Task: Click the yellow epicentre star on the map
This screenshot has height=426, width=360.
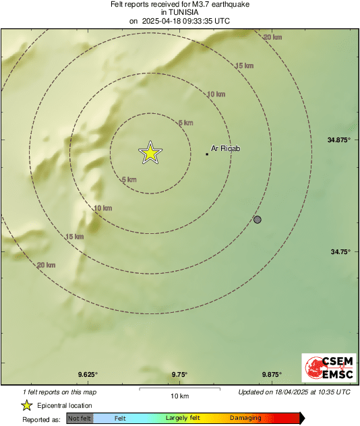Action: pyautogui.click(x=150, y=153)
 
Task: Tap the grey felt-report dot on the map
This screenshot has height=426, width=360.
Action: pyautogui.click(x=257, y=220)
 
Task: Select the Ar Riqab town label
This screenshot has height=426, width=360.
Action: pyautogui.click(x=226, y=148)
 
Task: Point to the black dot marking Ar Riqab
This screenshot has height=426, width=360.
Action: pyautogui.click(x=207, y=154)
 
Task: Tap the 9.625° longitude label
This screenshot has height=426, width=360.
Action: pyautogui.click(x=87, y=375)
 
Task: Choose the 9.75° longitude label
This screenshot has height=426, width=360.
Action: pyautogui.click(x=179, y=375)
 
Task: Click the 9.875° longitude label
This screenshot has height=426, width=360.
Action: pyautogui.click(x=271, y=375)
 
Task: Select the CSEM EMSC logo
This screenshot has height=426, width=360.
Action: pyautogui.click(x=326, y=369)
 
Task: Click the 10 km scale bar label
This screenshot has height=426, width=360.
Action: pyautogui.click(x=179, y=396)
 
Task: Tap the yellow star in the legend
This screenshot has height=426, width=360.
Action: pyautogui.click(x=26, y=405)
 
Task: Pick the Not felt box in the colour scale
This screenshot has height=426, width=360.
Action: pyautogui.click(x=80, y=419)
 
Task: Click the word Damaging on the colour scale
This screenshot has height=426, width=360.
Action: pyautogui.click(x=245, y=419)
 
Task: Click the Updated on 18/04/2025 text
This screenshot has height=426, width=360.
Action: pyautogui.click(x=295, y=392)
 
